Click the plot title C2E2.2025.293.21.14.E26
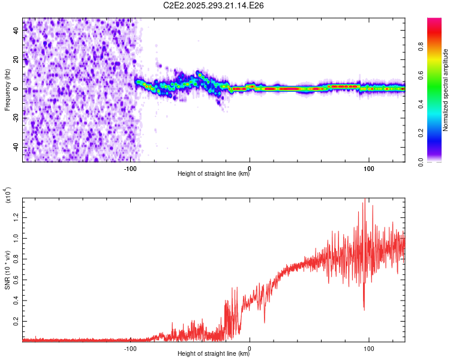point(214,5)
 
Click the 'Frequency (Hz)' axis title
point(7,90)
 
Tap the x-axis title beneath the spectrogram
point(214,175)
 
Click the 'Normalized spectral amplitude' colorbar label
point(446,90)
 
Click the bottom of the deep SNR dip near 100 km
point(364,310)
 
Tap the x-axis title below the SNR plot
point(214,355)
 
